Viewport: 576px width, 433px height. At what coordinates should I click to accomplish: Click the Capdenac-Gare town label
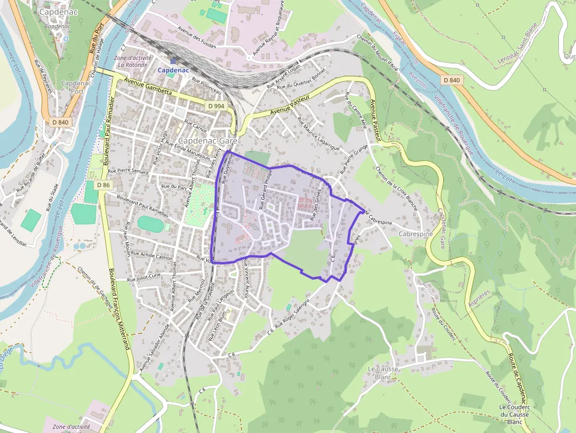[206, 141]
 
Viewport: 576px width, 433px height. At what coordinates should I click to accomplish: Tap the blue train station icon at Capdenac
[173, 61]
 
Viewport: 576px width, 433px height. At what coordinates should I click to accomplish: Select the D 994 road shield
[216, 106]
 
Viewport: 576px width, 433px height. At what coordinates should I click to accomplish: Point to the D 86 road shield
[103, 185]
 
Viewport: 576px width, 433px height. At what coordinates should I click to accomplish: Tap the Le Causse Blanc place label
[383, 372]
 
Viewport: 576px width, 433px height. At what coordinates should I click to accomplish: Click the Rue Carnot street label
[196, 126]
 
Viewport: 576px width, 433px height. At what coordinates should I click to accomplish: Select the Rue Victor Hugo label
[160, 146]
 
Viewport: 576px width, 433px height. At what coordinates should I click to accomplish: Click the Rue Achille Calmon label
[151, 256]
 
